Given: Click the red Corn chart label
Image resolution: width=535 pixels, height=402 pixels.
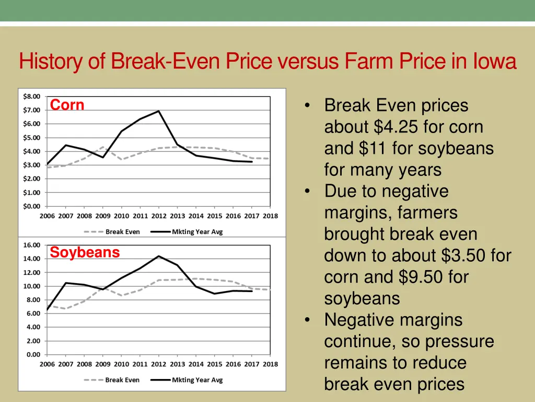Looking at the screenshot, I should point(67,105).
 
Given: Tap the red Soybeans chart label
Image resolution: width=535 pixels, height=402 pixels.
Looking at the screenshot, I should point(85,253).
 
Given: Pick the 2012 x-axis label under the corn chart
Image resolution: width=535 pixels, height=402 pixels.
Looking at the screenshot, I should point(158,216).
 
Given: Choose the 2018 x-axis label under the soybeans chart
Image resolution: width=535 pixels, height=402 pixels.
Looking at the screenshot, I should point(270,364).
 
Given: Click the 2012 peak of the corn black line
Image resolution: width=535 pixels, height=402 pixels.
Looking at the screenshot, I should point(158,111).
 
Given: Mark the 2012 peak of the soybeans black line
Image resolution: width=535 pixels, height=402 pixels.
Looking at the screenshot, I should point(158,256).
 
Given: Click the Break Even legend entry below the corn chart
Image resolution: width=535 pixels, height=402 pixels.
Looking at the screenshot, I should point(122,232).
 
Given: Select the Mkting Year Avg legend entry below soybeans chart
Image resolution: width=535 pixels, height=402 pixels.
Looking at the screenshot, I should point(197,380).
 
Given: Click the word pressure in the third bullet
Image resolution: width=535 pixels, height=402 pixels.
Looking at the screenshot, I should point(459,342).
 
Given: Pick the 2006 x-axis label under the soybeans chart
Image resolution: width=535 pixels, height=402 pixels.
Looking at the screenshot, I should point(47,364).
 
